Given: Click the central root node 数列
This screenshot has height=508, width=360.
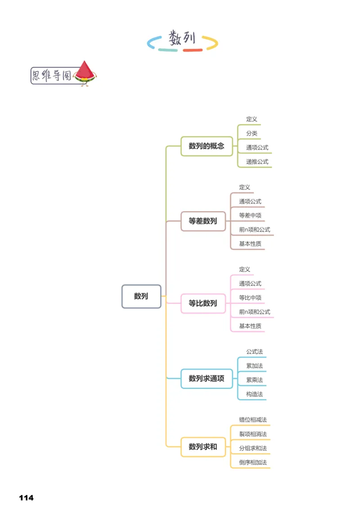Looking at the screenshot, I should click(x=141, y=296).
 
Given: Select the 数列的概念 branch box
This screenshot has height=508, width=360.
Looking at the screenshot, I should click(x=207, y=146).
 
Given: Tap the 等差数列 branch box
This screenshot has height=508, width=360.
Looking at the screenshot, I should click(x=203, y=221).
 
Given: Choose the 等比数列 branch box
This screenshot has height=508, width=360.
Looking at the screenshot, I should click(x=203, y=303).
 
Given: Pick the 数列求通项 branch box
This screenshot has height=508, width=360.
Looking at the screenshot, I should click(x=207, y=379).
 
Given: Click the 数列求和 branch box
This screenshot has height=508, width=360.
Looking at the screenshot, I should click(x=203, y=447).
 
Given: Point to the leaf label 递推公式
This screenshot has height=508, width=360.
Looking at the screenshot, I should click(x=257, y=161).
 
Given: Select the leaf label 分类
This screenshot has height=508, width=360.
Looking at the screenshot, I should click(x=252, y=134).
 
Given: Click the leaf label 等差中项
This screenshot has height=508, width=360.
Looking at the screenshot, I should click(x=250, y=215).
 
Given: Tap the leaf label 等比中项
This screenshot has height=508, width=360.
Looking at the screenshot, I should click(x=250, y=298).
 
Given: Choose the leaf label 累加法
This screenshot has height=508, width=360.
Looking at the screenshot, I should click(x=254, y=366).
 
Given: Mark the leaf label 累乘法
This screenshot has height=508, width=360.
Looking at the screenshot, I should click(x=254, y=380).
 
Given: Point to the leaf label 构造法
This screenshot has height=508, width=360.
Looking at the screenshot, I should click(x=254, y=394).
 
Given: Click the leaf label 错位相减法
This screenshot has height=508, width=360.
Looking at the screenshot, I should click(x=253, y=420).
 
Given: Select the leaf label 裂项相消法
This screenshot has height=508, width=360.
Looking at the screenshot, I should click(x=253, y=434).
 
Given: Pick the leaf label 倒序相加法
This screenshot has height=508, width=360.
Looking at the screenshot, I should click(x=253, y=462).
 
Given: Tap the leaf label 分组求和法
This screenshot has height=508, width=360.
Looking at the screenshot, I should click(x=253, y=448).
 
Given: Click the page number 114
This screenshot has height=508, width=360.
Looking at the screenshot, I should click(x=26, y=498).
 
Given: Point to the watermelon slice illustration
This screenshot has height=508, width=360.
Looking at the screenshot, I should click(x=85, y=73).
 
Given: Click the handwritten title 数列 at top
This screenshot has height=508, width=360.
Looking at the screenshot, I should click(x=182, y=39).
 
